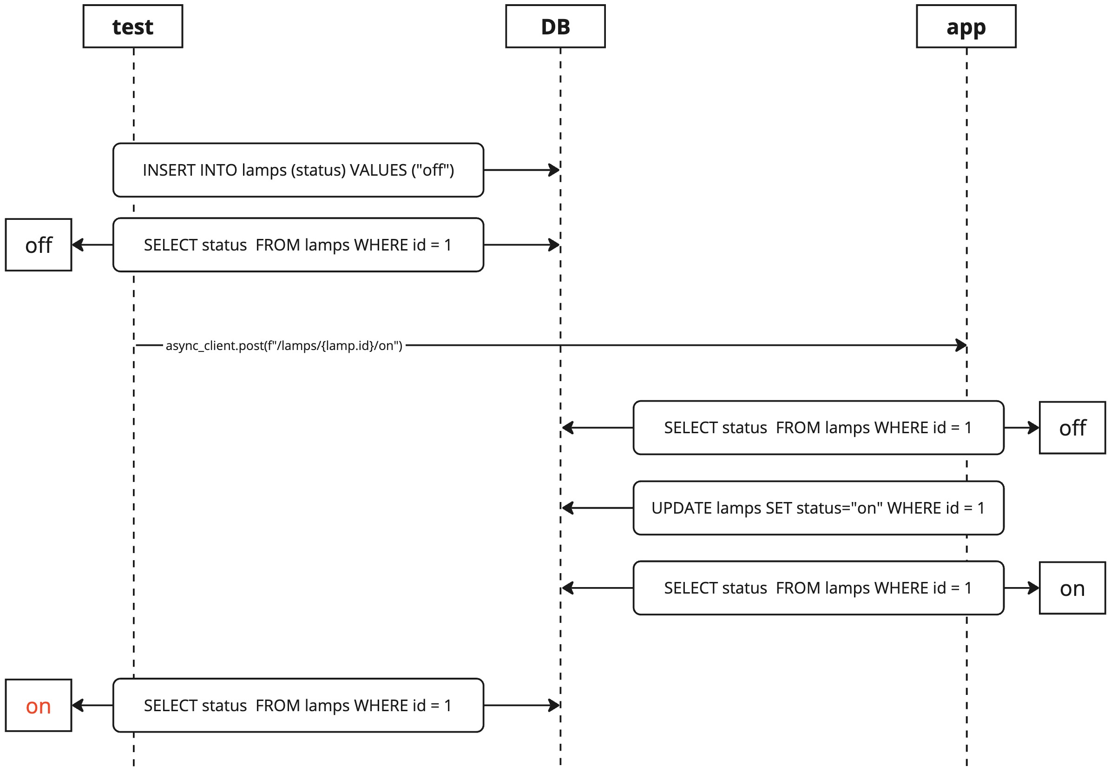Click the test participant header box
(133, 26)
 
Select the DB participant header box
(555, 26)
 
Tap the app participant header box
(966, 26)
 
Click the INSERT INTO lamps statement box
(298, 170)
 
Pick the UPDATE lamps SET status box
(818, 508)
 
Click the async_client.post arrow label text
(284, 345)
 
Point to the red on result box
(38, 705)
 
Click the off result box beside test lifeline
(38, 244)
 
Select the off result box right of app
(1072, 427)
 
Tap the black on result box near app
(1072, 588)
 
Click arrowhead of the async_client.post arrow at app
(961, 345)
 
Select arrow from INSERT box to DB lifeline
(521, 170)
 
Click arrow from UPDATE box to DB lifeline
(597, 508)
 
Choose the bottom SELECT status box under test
(298, 705)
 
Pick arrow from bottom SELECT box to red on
(92, 705)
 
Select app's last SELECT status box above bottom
(818, 588)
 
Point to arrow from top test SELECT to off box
(92, 244)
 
